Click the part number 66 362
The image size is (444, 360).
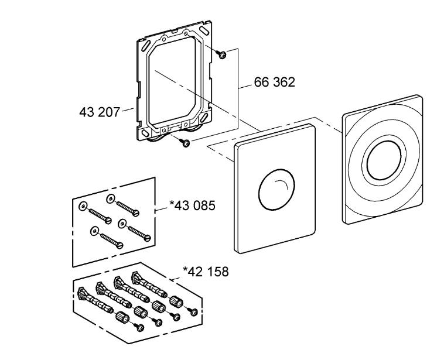(274, 82)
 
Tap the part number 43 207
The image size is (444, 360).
(100, 112)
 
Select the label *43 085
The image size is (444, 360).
(192, 205)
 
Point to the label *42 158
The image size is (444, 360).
(206, 271)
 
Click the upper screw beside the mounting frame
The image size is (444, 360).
(221, 54)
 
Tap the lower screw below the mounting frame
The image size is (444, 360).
(185, 142)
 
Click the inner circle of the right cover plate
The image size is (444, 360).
(384, 160)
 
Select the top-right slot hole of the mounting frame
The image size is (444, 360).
(203, 29)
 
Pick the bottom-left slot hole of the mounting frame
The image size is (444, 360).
(145, 133)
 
